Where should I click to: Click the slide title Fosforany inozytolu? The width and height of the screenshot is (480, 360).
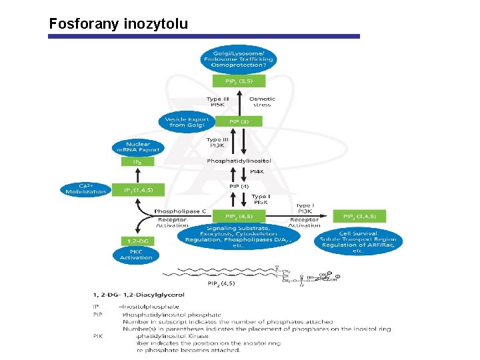(x=119, y=25)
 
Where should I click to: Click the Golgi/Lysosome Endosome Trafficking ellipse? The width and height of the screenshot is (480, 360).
(x=239, y=59)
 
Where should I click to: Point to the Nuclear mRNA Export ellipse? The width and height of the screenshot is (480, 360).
(x=137, y=147)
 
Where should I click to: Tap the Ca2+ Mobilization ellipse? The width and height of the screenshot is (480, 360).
(x=85, y=189)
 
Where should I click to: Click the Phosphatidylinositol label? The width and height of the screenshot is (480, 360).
(x=239, y=161)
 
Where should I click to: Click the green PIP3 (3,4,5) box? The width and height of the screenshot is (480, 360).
(x=359, y=217)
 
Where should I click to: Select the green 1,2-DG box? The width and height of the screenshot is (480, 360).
(x=137, y=241)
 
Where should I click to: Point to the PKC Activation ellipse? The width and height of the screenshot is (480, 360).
(x=137, y=255)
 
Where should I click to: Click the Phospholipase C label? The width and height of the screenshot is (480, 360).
(x=180, y=211)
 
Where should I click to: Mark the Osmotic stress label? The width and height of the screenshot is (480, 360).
(x=262, y=102)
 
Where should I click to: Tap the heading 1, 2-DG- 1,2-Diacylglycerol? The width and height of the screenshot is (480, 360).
(x=139, y=294)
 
